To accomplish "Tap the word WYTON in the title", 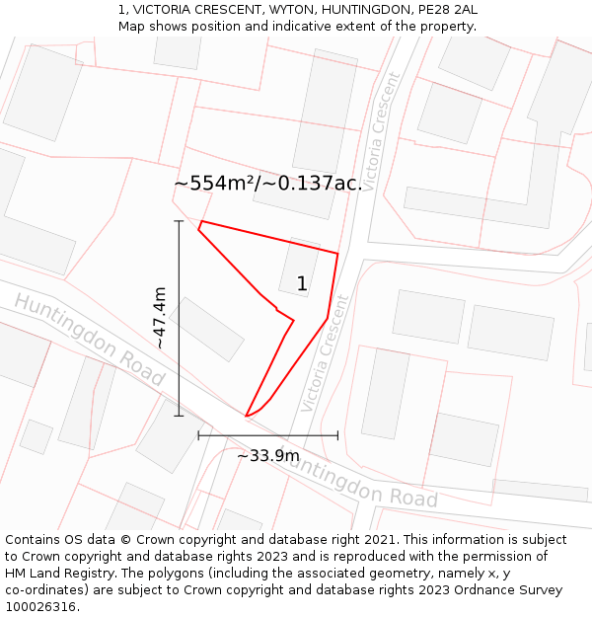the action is pos(293,10).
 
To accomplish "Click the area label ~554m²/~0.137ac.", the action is pos(268,184).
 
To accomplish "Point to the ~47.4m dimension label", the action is pos(160,317).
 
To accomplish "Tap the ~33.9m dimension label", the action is pos(267,456).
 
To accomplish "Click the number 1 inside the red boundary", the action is pos(302,284).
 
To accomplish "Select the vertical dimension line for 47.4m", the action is pos(179,317).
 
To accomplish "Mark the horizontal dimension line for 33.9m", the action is pos(267,434).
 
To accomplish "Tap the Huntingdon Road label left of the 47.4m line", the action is pos(88,339).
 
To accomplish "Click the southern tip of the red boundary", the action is pos(246,416).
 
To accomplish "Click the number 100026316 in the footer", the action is pos(42,606).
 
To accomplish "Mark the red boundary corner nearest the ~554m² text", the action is pos(201,222).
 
